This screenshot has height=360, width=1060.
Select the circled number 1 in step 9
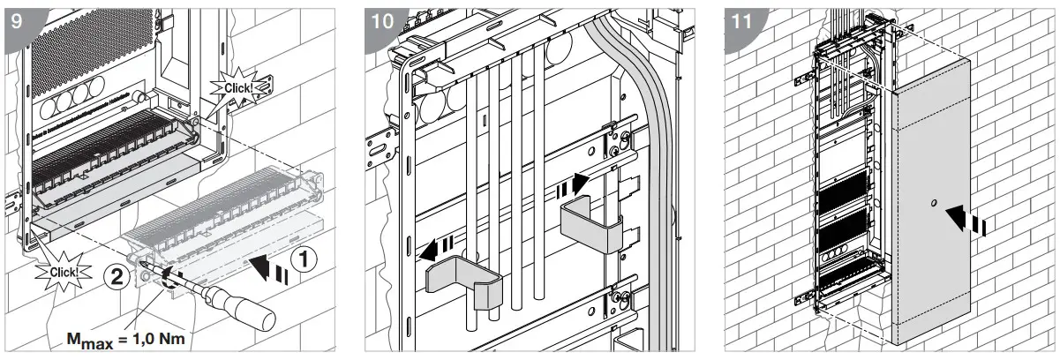point(299,259)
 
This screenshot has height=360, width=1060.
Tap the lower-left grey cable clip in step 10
point(463,281)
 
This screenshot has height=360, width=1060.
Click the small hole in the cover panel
point(933,205)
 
